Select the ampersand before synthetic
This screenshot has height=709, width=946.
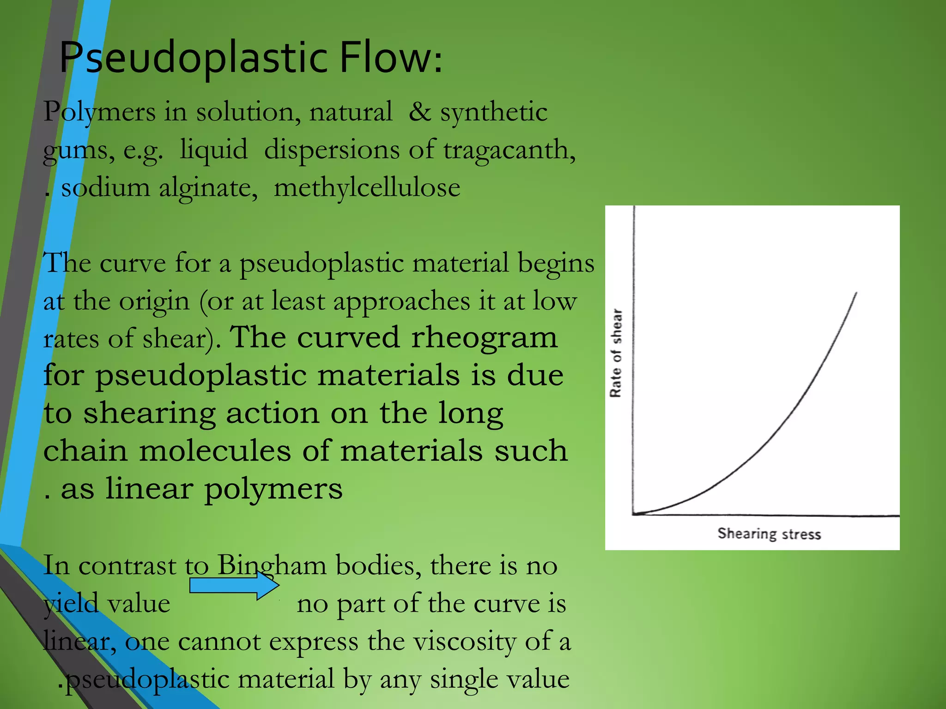click(x=419, y=112)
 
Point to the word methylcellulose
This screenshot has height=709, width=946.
click(x=367, y=188)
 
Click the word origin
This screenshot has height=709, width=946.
click(x=154, y=302)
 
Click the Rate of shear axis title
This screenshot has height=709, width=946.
click(x=616, y=353)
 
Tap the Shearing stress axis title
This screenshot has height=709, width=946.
click(x=769, y=534)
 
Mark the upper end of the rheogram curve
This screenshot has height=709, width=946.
click(x=856, y=293)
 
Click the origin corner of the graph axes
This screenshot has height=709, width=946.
click(x=633, y=514)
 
